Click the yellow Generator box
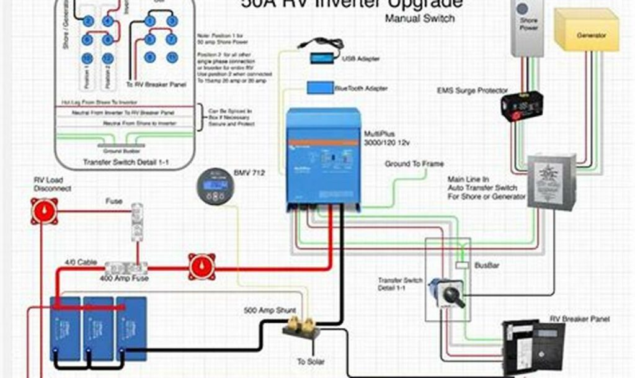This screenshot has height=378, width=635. pos(587,31)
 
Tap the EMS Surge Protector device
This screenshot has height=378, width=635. pos(521,104)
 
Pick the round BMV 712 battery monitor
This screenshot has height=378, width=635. pos(215,185)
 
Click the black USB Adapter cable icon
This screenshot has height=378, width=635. pos(321,50)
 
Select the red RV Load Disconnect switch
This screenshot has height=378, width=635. pos(45,211)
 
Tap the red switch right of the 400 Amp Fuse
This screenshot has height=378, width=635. pos(202,266)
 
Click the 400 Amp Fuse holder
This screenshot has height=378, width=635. pos(126,268)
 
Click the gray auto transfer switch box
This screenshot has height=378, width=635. pos(551,181)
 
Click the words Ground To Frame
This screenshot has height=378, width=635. pos(414,164)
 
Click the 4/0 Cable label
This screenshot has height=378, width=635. pos(81,263)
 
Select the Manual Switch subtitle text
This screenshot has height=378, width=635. pos(420,18)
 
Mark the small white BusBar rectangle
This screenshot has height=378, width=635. pos(461,265)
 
